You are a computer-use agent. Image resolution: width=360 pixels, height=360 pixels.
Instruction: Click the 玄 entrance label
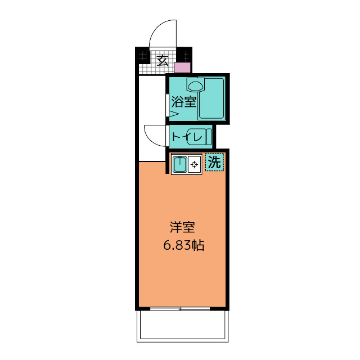tap(163, 61)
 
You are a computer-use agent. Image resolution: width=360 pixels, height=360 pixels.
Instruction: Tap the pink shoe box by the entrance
tap(182, 67)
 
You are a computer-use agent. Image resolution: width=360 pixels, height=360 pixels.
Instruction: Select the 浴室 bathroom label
tap(184, 102)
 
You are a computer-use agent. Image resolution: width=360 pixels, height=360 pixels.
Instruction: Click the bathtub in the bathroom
tap(211, 99)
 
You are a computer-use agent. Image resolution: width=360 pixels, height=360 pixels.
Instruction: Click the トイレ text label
tap(187, 137)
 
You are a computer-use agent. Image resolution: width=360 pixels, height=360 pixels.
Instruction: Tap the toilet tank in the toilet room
tap(209, 137)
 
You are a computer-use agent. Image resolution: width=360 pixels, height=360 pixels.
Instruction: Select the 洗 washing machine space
tap(214, 162)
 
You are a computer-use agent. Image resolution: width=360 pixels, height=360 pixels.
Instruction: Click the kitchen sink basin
tap(180, 164)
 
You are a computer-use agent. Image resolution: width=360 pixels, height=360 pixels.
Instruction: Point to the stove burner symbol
tap(195, 164)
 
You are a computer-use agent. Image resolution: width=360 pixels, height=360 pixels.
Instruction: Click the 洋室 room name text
tap(182, 227)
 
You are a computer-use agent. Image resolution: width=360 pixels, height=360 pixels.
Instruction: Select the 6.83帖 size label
tap(184, 245)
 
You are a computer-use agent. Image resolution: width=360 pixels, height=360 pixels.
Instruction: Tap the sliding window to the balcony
tap(180, 309)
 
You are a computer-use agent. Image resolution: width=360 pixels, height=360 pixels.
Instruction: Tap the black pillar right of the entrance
tap(184, 55)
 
